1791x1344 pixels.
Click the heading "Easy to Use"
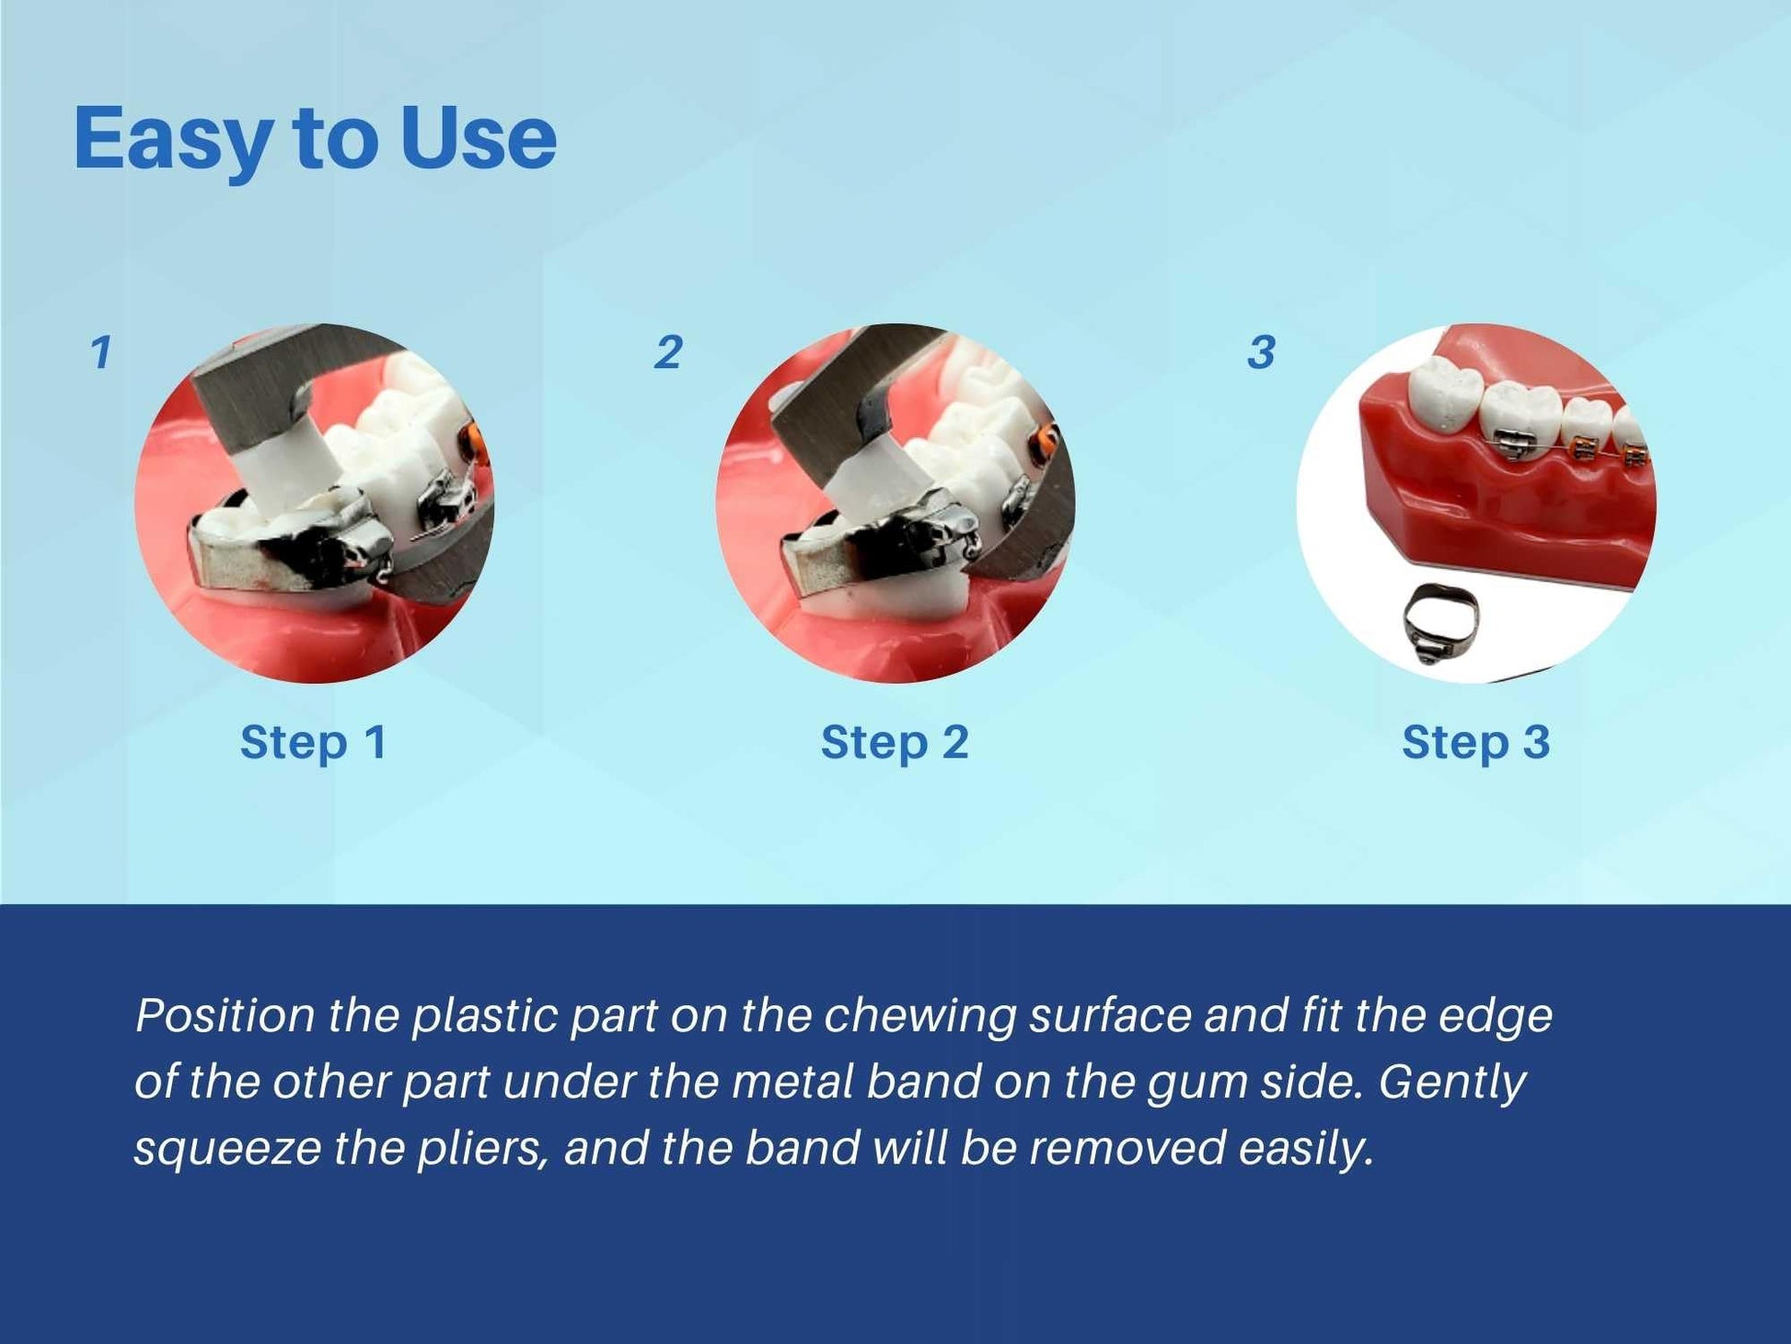pyautogui.click(x=315, y=139)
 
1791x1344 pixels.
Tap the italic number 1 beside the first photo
pyautogui.click(x=101, y=353)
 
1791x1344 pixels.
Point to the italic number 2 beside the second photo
pyautogui.click(x=668, y=353)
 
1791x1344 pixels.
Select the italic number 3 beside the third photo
pyautogui.click(x=1261, y=353)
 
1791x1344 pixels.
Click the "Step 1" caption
pyautogui.click(x=314, y=742)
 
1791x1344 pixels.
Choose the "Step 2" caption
pyautogui.click(x=895, y=742)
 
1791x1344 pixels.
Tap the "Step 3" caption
pyautogui.click(x=1476, y=742)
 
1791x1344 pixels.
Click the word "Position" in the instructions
pyautogui.click(x=225, y=1016)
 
